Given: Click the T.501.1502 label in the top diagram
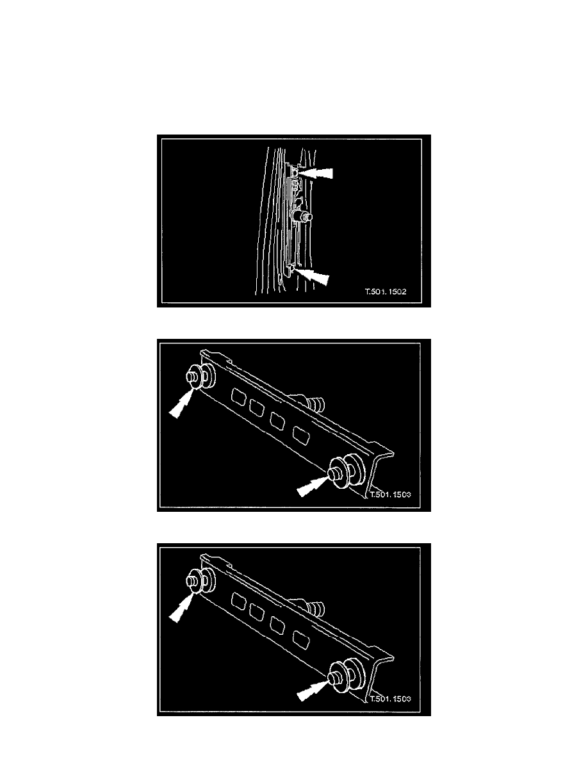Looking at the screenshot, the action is (x=386, y=291).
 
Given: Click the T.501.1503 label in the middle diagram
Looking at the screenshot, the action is (x=391, y=495).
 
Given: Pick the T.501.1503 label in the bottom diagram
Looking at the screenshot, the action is (x=391, y=699).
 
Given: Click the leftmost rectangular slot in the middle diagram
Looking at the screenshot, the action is (x=238, y=397).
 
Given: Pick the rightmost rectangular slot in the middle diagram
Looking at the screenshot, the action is (x=300, y=436).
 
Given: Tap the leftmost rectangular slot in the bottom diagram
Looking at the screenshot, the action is (x=238, y=601).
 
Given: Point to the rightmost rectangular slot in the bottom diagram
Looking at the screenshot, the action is (x=300, y=640).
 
